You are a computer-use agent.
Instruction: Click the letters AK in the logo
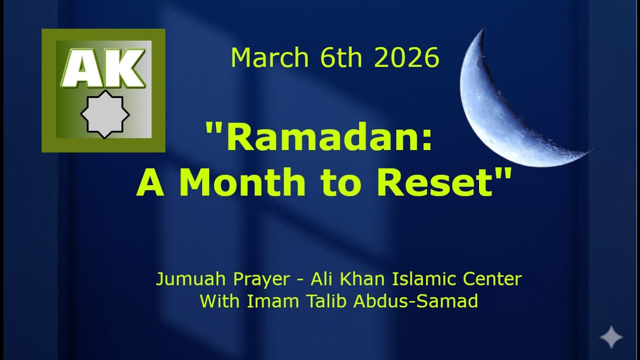(103, 68)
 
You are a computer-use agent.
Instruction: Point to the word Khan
(359, 278)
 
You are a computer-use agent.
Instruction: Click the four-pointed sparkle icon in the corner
(611, 337)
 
